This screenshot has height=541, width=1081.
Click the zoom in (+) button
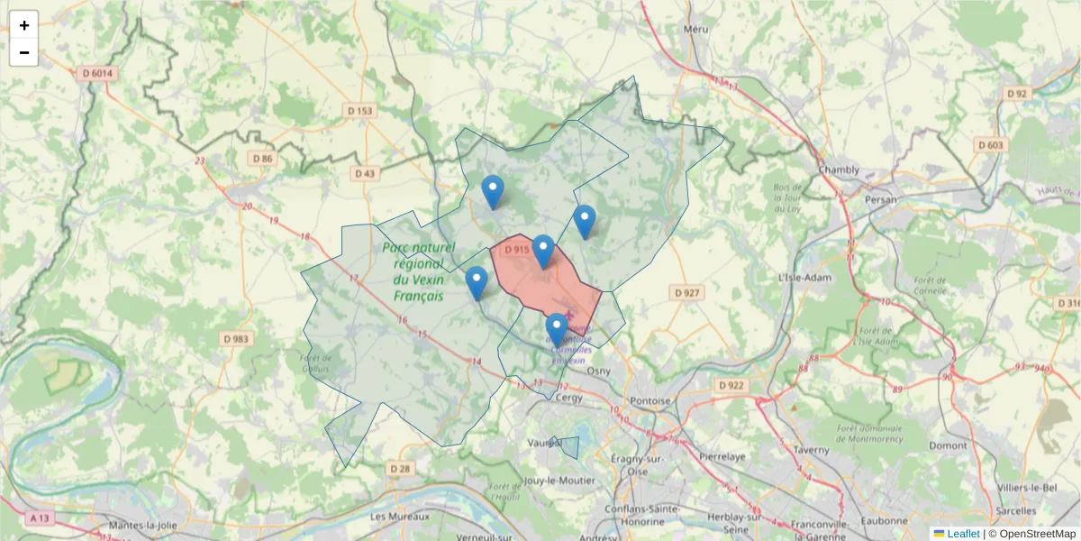[24, 25]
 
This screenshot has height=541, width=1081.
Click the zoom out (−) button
[24, 52]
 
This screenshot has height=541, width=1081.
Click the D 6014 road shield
[96, 74]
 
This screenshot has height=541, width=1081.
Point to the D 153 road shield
[359, 111]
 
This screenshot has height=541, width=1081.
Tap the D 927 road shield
[687, 292]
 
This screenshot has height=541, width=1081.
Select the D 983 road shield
[237, 339]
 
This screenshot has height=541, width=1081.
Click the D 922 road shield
[732, 385]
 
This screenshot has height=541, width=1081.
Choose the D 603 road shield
[989, 145]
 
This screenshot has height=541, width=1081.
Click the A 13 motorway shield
[39, 518]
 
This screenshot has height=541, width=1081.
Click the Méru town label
[696, 29]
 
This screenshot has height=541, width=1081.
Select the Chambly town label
[840, 170]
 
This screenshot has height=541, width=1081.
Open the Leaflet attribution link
[963, 534]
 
